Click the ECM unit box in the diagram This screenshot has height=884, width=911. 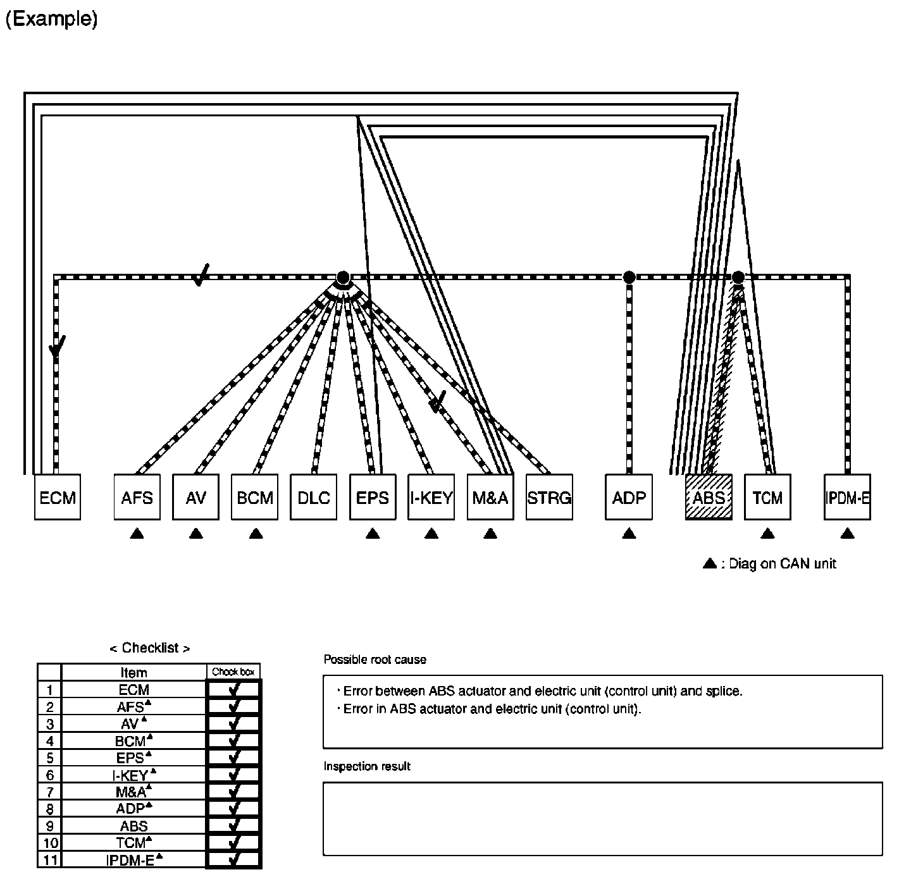click(x=57, y=497)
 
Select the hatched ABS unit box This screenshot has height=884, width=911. click(x=709, y=497)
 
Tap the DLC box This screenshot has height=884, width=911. click(x=314, y=497)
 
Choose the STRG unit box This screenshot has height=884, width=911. click(x=549, y=497)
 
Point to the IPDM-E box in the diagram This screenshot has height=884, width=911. click(x=847, y=497)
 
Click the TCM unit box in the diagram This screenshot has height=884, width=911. click(x=767, y=497)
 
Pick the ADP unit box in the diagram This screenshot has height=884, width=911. click(x=629, y=497)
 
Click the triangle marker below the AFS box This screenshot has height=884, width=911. click(x=137, y=534)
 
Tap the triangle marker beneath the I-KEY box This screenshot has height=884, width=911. click(x=431, y=534)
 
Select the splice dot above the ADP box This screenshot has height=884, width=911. click(x=629, y=277)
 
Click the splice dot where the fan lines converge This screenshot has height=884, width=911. click(x=343, y=277)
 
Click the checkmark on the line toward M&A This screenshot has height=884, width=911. click(x=436, y=401)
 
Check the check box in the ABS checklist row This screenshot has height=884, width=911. click(x=234, y=825)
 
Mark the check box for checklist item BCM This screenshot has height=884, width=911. click(x=234, y=740)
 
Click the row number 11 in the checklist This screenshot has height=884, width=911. click(x=50, y=859)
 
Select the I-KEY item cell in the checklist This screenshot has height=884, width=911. click(x=134, y=775)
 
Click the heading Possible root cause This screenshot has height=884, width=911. click(x=375, y=660)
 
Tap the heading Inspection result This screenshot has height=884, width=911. click(x=367, y=766)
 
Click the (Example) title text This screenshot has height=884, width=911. click(x=51, y=19)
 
